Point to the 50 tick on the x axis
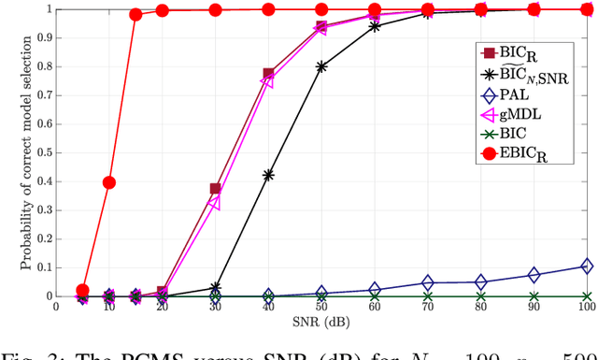coord(321,306)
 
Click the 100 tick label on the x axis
coord(586,306)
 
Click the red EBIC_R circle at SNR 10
coord(108,182)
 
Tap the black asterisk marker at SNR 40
coord(268,175)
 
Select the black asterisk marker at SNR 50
coord(321,66)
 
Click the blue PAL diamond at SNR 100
coord(587,266)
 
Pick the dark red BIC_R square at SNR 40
coord(269,73)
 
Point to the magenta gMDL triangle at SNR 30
coord(215,203)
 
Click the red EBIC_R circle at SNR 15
coord(135,15)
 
